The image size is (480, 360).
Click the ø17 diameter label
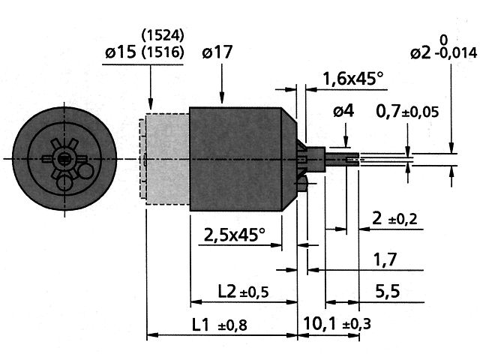click(217, 53)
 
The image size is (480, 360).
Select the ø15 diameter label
click(119, 53)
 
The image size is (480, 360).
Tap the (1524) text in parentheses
click(162, 34)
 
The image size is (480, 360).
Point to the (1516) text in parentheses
click(162, 53)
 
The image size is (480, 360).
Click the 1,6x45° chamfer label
click(352, 79)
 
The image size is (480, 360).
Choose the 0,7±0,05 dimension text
click(407, 112)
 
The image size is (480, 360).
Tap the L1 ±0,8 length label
click(219, 325)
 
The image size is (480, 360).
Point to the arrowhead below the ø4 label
click(345, 144)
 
